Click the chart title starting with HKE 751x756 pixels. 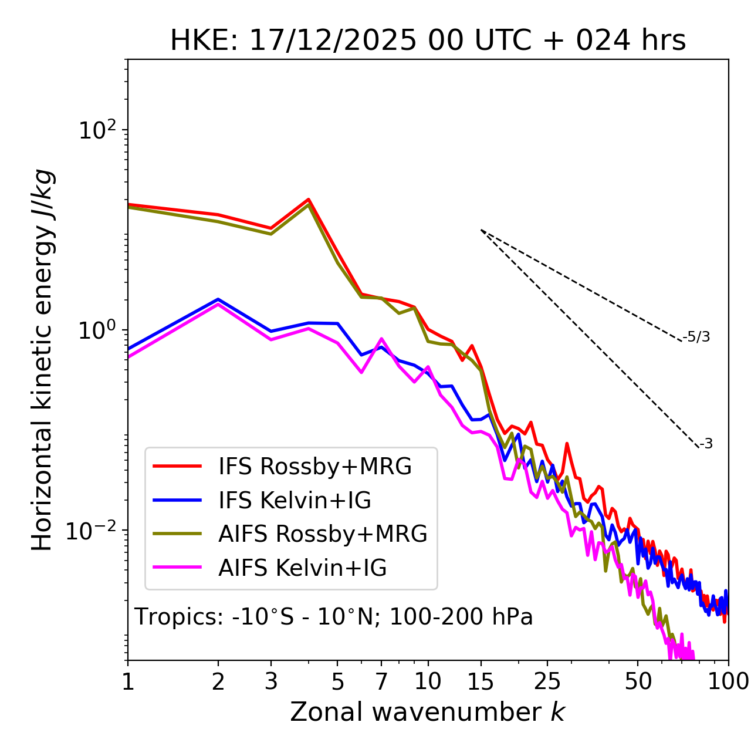click(x=428, y=41)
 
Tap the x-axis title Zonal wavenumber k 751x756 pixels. click(x=427, y=712)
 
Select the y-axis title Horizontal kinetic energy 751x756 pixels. click(x=43, y=360)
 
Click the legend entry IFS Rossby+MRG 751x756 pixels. click(x=315, y=466)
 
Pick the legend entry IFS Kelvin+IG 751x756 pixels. click(x=295, y=500)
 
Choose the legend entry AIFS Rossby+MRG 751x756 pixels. click(x=323, y=534)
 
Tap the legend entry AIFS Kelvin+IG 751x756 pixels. click(x=302, y=568)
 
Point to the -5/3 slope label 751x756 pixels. click(x=696, y=337)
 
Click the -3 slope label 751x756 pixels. click(x=706, y=444)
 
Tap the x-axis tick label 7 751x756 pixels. click(x=381, y=681)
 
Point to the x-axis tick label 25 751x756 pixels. click(x=547, y=681)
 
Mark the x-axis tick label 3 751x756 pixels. click(x=270, y=681)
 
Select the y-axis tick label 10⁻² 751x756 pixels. click(x=92, y=531)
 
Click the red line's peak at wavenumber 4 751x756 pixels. click(x=308, y=200)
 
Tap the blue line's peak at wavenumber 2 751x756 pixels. click(x=218, y=299)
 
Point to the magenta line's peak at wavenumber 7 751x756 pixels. click(x=381, y=339)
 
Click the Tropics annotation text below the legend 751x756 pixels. click(x=334, y=617)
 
